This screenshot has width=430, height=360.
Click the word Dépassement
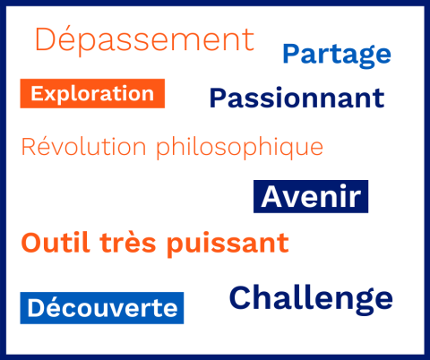(145, 39)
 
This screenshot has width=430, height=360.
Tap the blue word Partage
(337, 55)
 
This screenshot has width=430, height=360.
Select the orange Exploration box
(92, 93)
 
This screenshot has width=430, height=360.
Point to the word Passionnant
(297, 99)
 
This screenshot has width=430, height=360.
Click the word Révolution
(84, 146)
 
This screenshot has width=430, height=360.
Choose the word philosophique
(240, 148)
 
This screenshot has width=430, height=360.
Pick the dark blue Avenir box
(311, 196)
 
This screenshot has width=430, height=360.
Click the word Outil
(56, 243)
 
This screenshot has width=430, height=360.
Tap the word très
(128, 243)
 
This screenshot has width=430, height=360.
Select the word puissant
(228, 244)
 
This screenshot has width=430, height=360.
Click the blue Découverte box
(102, 308)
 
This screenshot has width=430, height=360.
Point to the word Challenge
(311, 299)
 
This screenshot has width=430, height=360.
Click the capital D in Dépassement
(45, 39)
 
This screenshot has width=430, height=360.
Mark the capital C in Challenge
(240, 297)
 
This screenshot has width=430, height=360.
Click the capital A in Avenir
(273, 196)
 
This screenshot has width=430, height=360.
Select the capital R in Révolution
(30, 146)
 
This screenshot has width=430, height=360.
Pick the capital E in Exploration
(38, 93)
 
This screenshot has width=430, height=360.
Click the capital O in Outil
(32, 243)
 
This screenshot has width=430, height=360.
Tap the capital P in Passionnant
(219, 99)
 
